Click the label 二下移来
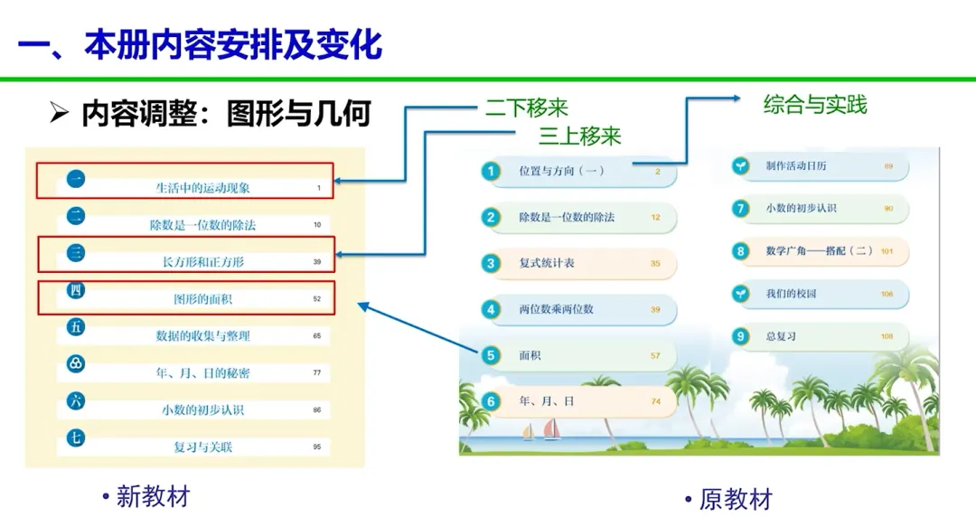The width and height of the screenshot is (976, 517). [526, 108]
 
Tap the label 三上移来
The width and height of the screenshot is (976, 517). [580, 136]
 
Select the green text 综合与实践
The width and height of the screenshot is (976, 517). [814, 105]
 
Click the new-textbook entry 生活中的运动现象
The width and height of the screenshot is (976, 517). [202, 188]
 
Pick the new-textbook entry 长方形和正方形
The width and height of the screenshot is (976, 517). [202, 262]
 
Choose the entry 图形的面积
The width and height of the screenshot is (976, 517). [202, 298]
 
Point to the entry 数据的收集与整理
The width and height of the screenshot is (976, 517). [202, 335]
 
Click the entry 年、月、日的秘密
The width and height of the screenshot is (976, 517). [202, 372]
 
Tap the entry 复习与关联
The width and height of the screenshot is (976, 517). [202, 446]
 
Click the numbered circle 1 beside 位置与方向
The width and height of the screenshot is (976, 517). [491, 170]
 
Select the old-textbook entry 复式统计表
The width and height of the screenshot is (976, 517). [546, 263]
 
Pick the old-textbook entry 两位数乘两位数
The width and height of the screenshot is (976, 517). [556, 309]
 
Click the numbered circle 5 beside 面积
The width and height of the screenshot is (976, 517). [491, 355]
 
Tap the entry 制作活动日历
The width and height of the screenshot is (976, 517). [795, 166]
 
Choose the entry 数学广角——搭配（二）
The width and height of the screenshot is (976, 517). [819, 250]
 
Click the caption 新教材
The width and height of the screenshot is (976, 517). [153, 496]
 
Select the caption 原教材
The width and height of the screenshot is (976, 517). [736, 499]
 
